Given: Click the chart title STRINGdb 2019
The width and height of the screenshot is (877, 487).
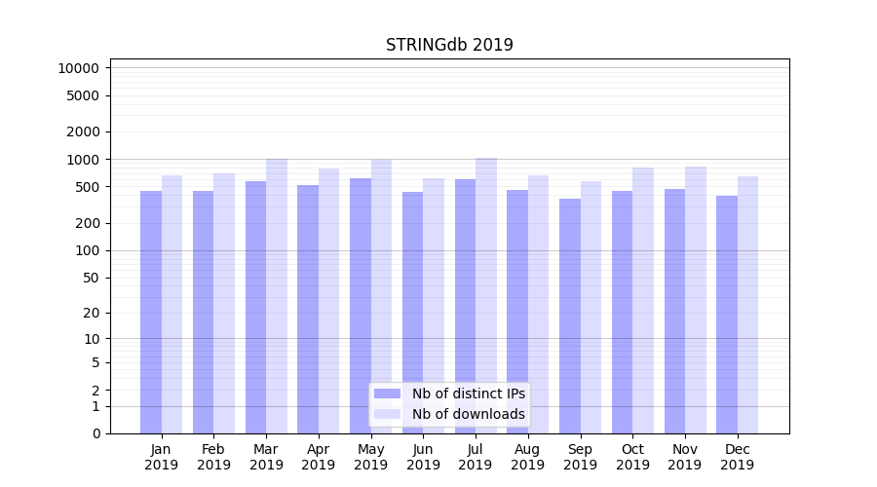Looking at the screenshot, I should pyautogui.click(x=449, y=45).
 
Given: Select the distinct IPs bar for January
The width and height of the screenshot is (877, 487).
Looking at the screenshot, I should pyautogui.click(x=151, y=312).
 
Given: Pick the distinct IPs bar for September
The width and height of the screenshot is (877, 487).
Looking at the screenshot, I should pyautogui.click(x=570, y=316).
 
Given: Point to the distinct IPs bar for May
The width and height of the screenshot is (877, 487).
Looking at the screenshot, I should pyautogui.click(x=361, y=306).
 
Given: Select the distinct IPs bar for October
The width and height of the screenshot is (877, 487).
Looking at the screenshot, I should pyautogui.click(x=623, y=312).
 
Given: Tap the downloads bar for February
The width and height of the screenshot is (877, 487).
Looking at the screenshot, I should pyautogui.click(x=224, y=303).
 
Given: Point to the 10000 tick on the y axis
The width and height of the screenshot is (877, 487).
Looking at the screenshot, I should pyautogui.click(x=78, y=68).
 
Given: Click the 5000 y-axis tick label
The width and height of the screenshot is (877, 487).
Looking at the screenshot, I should pyautogui.click(x=82, y=95).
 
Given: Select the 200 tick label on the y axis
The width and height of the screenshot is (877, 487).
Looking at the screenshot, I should pyautogui.click(x=86, y=223).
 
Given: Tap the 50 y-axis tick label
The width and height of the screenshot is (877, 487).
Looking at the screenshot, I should pyautogui.click(x=90, y=278).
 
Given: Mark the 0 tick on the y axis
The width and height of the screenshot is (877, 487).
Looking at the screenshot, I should pyautogui.click(x=95, y=433).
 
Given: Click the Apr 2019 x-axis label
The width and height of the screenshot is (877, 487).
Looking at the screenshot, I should pyautogui.click(x=319, y=457).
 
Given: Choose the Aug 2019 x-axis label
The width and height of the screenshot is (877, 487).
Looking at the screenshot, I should pyautogui.click(x=528, y=457).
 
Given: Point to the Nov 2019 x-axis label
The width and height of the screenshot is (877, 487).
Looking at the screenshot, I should pyautogui.click(x=685, y=457).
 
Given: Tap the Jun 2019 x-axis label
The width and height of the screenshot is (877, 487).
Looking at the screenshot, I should pyautogui.click(x=423, y=457).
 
